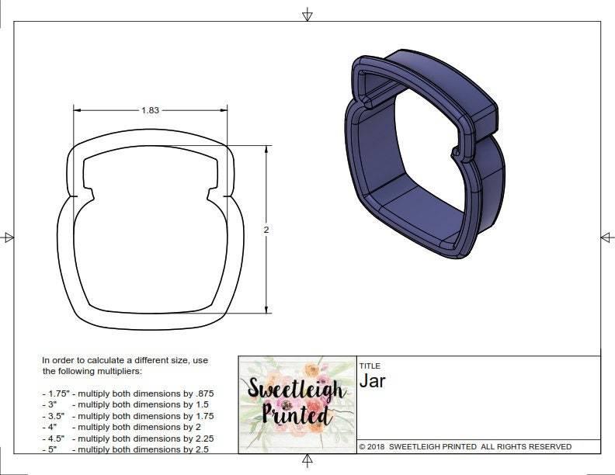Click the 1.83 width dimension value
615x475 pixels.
pos(150,110)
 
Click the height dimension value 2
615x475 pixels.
pos(266,230)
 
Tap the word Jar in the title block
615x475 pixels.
pos(373,381)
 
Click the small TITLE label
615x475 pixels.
pos(369,366)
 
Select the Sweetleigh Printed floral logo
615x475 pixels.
pos(296,403)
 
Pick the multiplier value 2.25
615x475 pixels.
pos(200,438)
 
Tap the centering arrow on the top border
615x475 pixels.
pos(308,14)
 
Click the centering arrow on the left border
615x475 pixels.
pos(9,237)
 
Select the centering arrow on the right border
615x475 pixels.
pos(606,237)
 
